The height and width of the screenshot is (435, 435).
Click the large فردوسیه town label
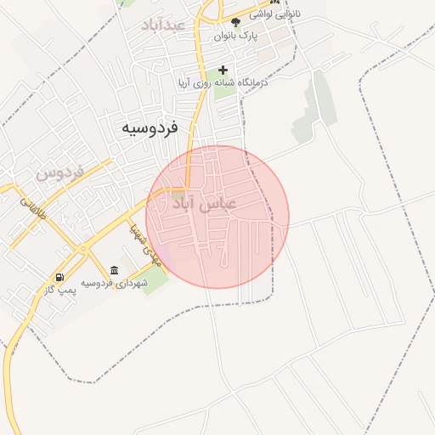point(149,127)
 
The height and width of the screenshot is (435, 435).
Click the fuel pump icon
point(59,277)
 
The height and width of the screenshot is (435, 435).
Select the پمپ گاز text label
point(60,291)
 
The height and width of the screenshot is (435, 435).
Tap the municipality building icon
point(114,270)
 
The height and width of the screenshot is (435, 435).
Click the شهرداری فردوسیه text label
point(115,283)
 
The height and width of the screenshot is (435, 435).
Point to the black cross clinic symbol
point(223,70)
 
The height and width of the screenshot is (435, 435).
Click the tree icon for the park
point(235,22)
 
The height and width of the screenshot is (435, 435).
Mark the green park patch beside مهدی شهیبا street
point(155,281)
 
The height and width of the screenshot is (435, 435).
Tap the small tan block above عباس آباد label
point(177,195)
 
